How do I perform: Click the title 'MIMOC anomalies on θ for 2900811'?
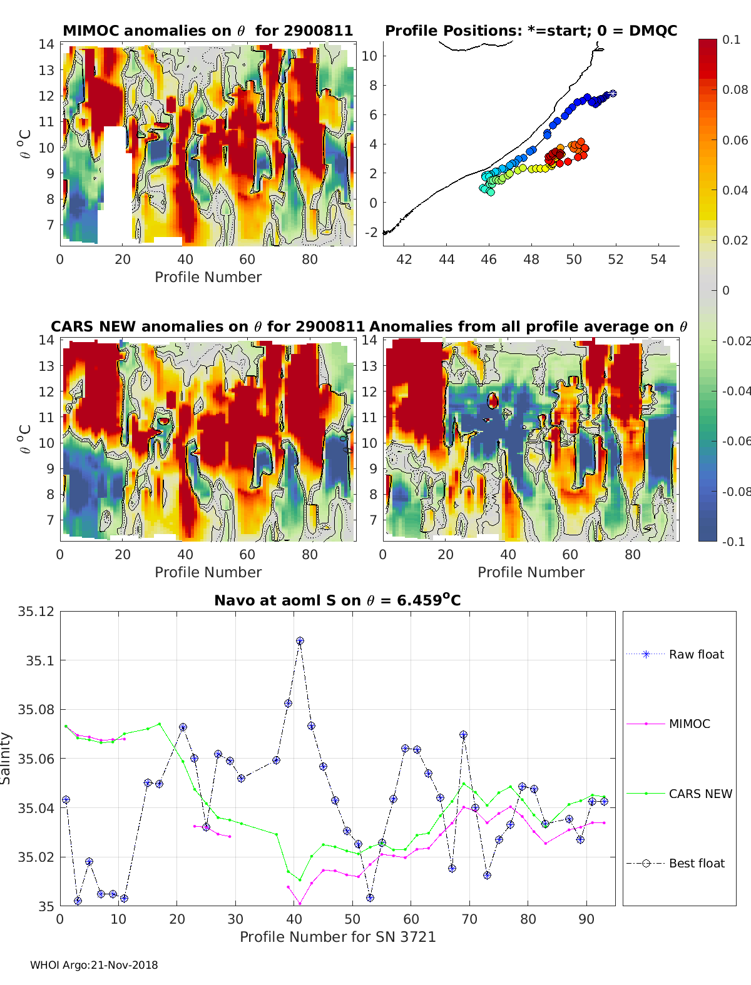[x=208, y=31]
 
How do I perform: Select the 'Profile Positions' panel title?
[x=531, y=31]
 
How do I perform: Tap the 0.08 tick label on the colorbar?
[x=735, y=89]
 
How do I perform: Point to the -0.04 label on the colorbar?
[x=736, y=391]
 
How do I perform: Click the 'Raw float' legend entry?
[x=696, y=654]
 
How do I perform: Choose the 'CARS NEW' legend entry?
[x=700, y=794]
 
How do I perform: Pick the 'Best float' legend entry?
[x=696, y=863]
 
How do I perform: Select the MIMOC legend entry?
[x=689, y=724]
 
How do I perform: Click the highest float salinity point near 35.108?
[x=300, y=641]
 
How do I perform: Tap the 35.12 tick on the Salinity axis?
[x=36, y=611]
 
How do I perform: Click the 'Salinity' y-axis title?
[x=6, y=758]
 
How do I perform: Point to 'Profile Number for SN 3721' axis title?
[x=337, y=937]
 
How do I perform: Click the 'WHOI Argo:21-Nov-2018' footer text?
[x=94, y=965]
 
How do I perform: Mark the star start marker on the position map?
[x=613, y=93]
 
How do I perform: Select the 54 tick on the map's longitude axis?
[x=658, y=259]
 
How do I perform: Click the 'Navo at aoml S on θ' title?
[x=337, y=601]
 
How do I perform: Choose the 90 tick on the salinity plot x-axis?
[x=586, y=919]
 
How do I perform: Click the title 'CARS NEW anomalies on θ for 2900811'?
[x=208, y=326]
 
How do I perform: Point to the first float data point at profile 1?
[x=66, y=800]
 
